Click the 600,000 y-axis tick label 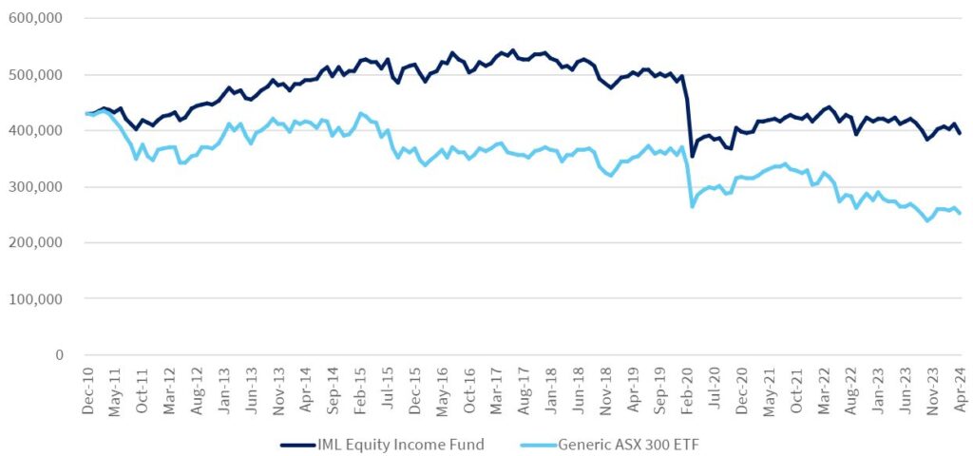tap(36, 19)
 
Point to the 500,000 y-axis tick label tap(36, 75)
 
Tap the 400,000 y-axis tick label tap(36, 131)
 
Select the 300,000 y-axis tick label tap(36, 187)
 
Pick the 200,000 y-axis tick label tap(36, 243)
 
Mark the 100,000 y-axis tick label tap(36, 299)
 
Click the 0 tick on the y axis tap(59, 355)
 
